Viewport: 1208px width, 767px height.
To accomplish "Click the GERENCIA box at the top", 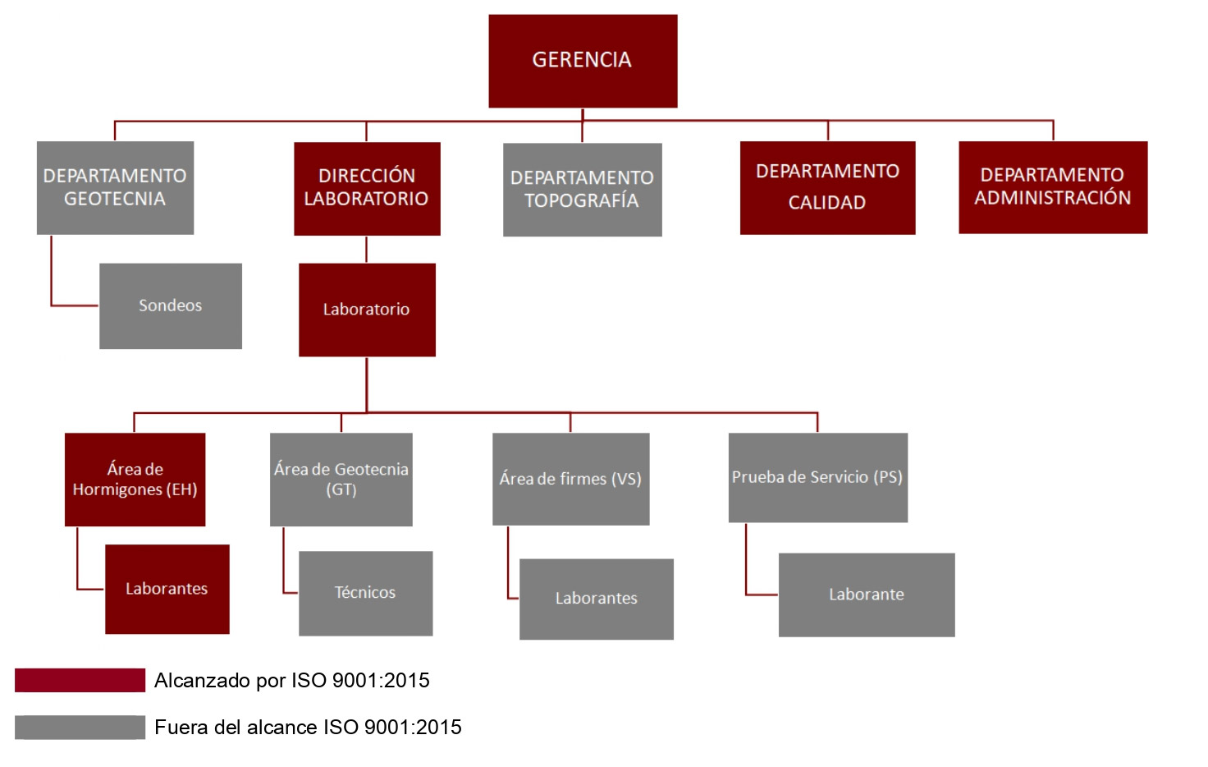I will click(x=583, y=61).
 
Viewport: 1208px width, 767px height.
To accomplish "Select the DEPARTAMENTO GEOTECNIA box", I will click(x=115, y=188).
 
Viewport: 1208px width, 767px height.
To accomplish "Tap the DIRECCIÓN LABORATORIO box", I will click(x=367, y=189).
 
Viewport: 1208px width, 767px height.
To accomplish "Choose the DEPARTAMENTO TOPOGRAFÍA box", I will click(x=582, y=190).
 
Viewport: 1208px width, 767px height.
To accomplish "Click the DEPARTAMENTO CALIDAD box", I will click(x=827, y=188).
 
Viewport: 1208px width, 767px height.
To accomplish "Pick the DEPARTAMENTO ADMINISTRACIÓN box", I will click(x=1053, y=187).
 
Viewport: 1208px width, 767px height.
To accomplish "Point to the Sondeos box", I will click(x=171, y=305).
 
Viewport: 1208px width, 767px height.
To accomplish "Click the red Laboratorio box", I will click(x=367, y=310).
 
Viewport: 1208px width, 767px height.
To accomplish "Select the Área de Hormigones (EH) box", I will click(x=135, y=480).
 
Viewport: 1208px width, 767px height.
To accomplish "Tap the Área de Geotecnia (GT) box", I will click(x=341, y=480).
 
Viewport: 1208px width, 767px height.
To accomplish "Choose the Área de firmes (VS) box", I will click(x=570, y=479).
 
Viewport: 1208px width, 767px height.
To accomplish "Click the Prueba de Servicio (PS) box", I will click(x=817, y=477).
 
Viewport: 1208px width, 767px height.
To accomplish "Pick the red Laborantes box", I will click(x=167, y=589).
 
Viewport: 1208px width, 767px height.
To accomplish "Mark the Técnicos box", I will click(x=365, y=593).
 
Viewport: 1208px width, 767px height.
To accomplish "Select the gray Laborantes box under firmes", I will click(x=596, y=599).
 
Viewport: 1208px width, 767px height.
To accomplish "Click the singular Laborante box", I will click(x=867, y=595).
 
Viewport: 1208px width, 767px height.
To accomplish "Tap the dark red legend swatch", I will click(x=80, y=680).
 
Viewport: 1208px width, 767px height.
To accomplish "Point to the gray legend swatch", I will click(x=80, y=727).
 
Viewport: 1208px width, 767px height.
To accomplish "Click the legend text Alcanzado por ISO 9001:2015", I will click(x=292, y=680).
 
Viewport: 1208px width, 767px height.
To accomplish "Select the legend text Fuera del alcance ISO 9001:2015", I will click(x=308, y=727).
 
